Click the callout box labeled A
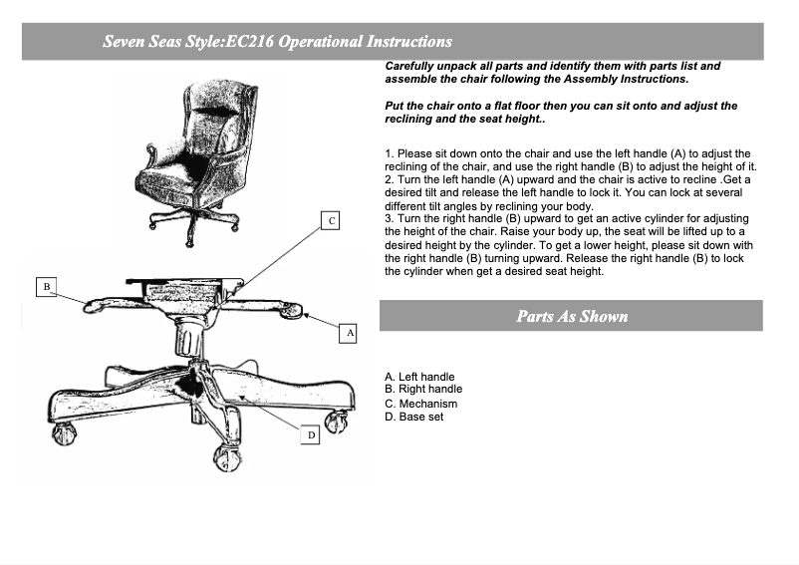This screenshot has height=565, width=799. coord(348,333)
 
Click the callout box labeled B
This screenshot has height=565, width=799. coord(47,287)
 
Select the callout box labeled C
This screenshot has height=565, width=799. coord(330,220)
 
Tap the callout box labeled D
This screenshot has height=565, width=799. coord(310,434)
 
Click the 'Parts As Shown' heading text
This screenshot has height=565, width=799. coord(572,316)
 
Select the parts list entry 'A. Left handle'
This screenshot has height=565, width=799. coord(419,377)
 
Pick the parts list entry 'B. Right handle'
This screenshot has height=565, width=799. coord(423,389)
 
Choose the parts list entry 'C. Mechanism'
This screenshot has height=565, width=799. coord(420,404)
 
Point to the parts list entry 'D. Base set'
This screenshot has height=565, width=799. coord(413,417)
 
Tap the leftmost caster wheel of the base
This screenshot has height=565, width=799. coord(64,433)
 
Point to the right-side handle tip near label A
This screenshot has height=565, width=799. coord(292,309)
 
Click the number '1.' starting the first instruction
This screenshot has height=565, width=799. coord(390,153)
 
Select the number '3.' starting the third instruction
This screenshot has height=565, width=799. coord(390,218)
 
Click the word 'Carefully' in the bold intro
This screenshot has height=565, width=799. coord(409,66)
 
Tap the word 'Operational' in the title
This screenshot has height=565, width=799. coord(320,41)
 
